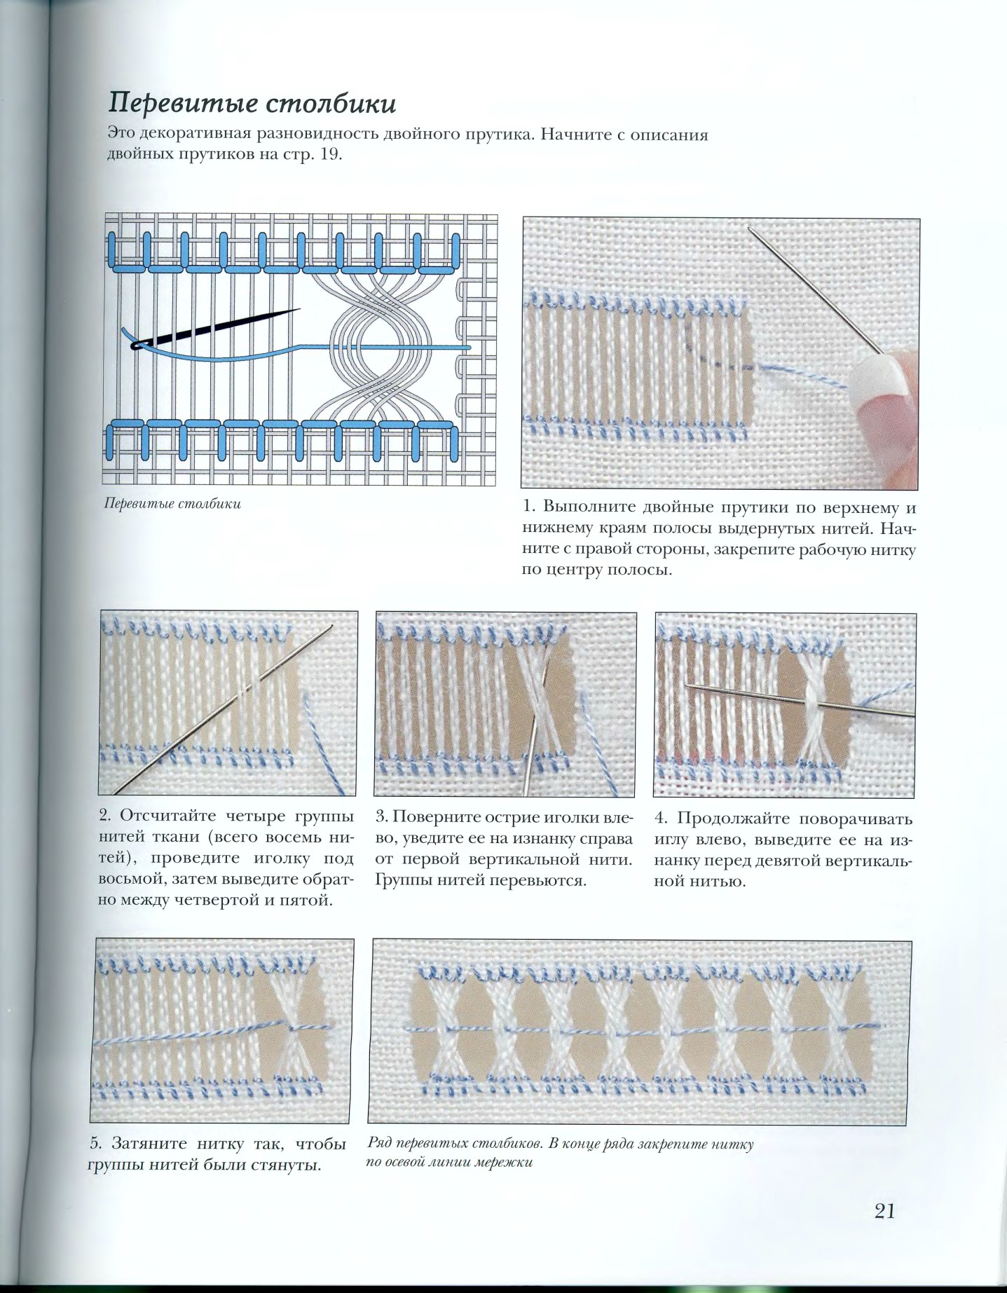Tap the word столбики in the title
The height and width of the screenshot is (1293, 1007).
click(x=331, y=104)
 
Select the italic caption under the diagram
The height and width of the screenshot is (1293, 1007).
click(x=172, y=504)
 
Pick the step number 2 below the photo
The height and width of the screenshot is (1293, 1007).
click(x=105, y=815)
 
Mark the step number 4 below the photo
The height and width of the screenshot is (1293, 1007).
click(x=661, y=818)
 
